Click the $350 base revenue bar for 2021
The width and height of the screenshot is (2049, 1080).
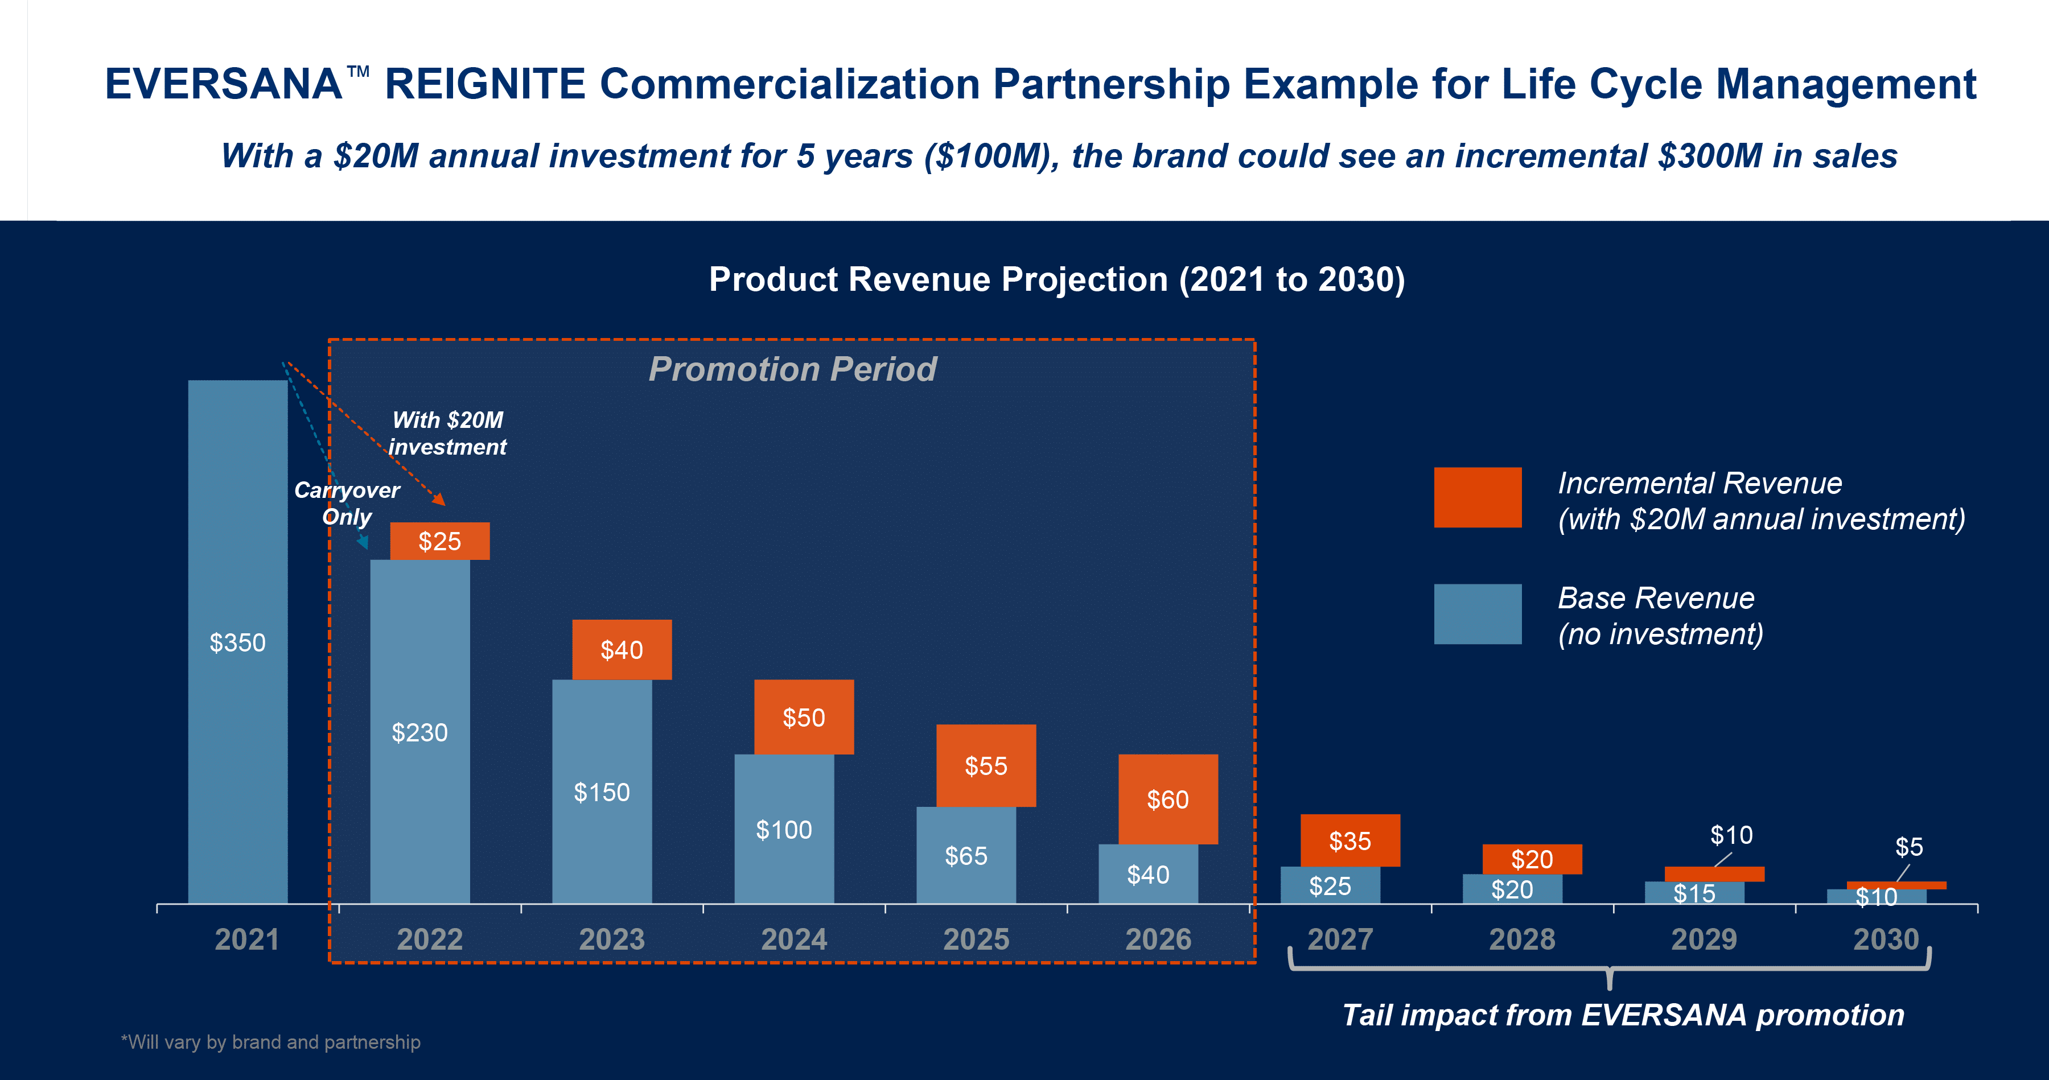pyautogui.click(x=238, y=641)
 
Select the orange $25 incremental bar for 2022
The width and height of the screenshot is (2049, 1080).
pyautogui.click(x=440, y=541)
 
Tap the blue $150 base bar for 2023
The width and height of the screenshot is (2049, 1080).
pyautogui.click(x=602, y=792)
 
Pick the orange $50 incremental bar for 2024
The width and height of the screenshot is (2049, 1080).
pyautogui.click(x=804, y=716)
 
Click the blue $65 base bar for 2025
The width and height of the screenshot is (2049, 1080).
pyautogui.click(x=966, y=855)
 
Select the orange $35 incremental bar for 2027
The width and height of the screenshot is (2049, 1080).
pyautogui.click(x=1351, y=840)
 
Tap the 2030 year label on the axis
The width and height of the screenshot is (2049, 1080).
pyautogui.click(x=1887, y=939)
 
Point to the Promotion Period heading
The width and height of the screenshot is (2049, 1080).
pyautogui.click(x=793, y=369)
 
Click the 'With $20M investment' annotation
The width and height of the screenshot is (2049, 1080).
pyautogui.click(x=448, y=434)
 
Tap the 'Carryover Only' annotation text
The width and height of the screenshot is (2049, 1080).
pyautogui.click(x=347, y=504)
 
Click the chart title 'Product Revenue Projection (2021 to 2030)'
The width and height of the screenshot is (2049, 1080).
pyautogui.click(x=1057, y=279)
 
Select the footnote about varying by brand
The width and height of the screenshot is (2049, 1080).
pyautogui.click(x=270, y=1042)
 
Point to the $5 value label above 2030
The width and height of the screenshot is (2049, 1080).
pyautogui.click(x=1909, y=846)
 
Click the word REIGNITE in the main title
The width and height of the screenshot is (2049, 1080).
pyautogui.click(x=485, y=84)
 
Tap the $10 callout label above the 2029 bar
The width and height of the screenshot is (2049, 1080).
pyautogui.click(x=1731, y=835)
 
